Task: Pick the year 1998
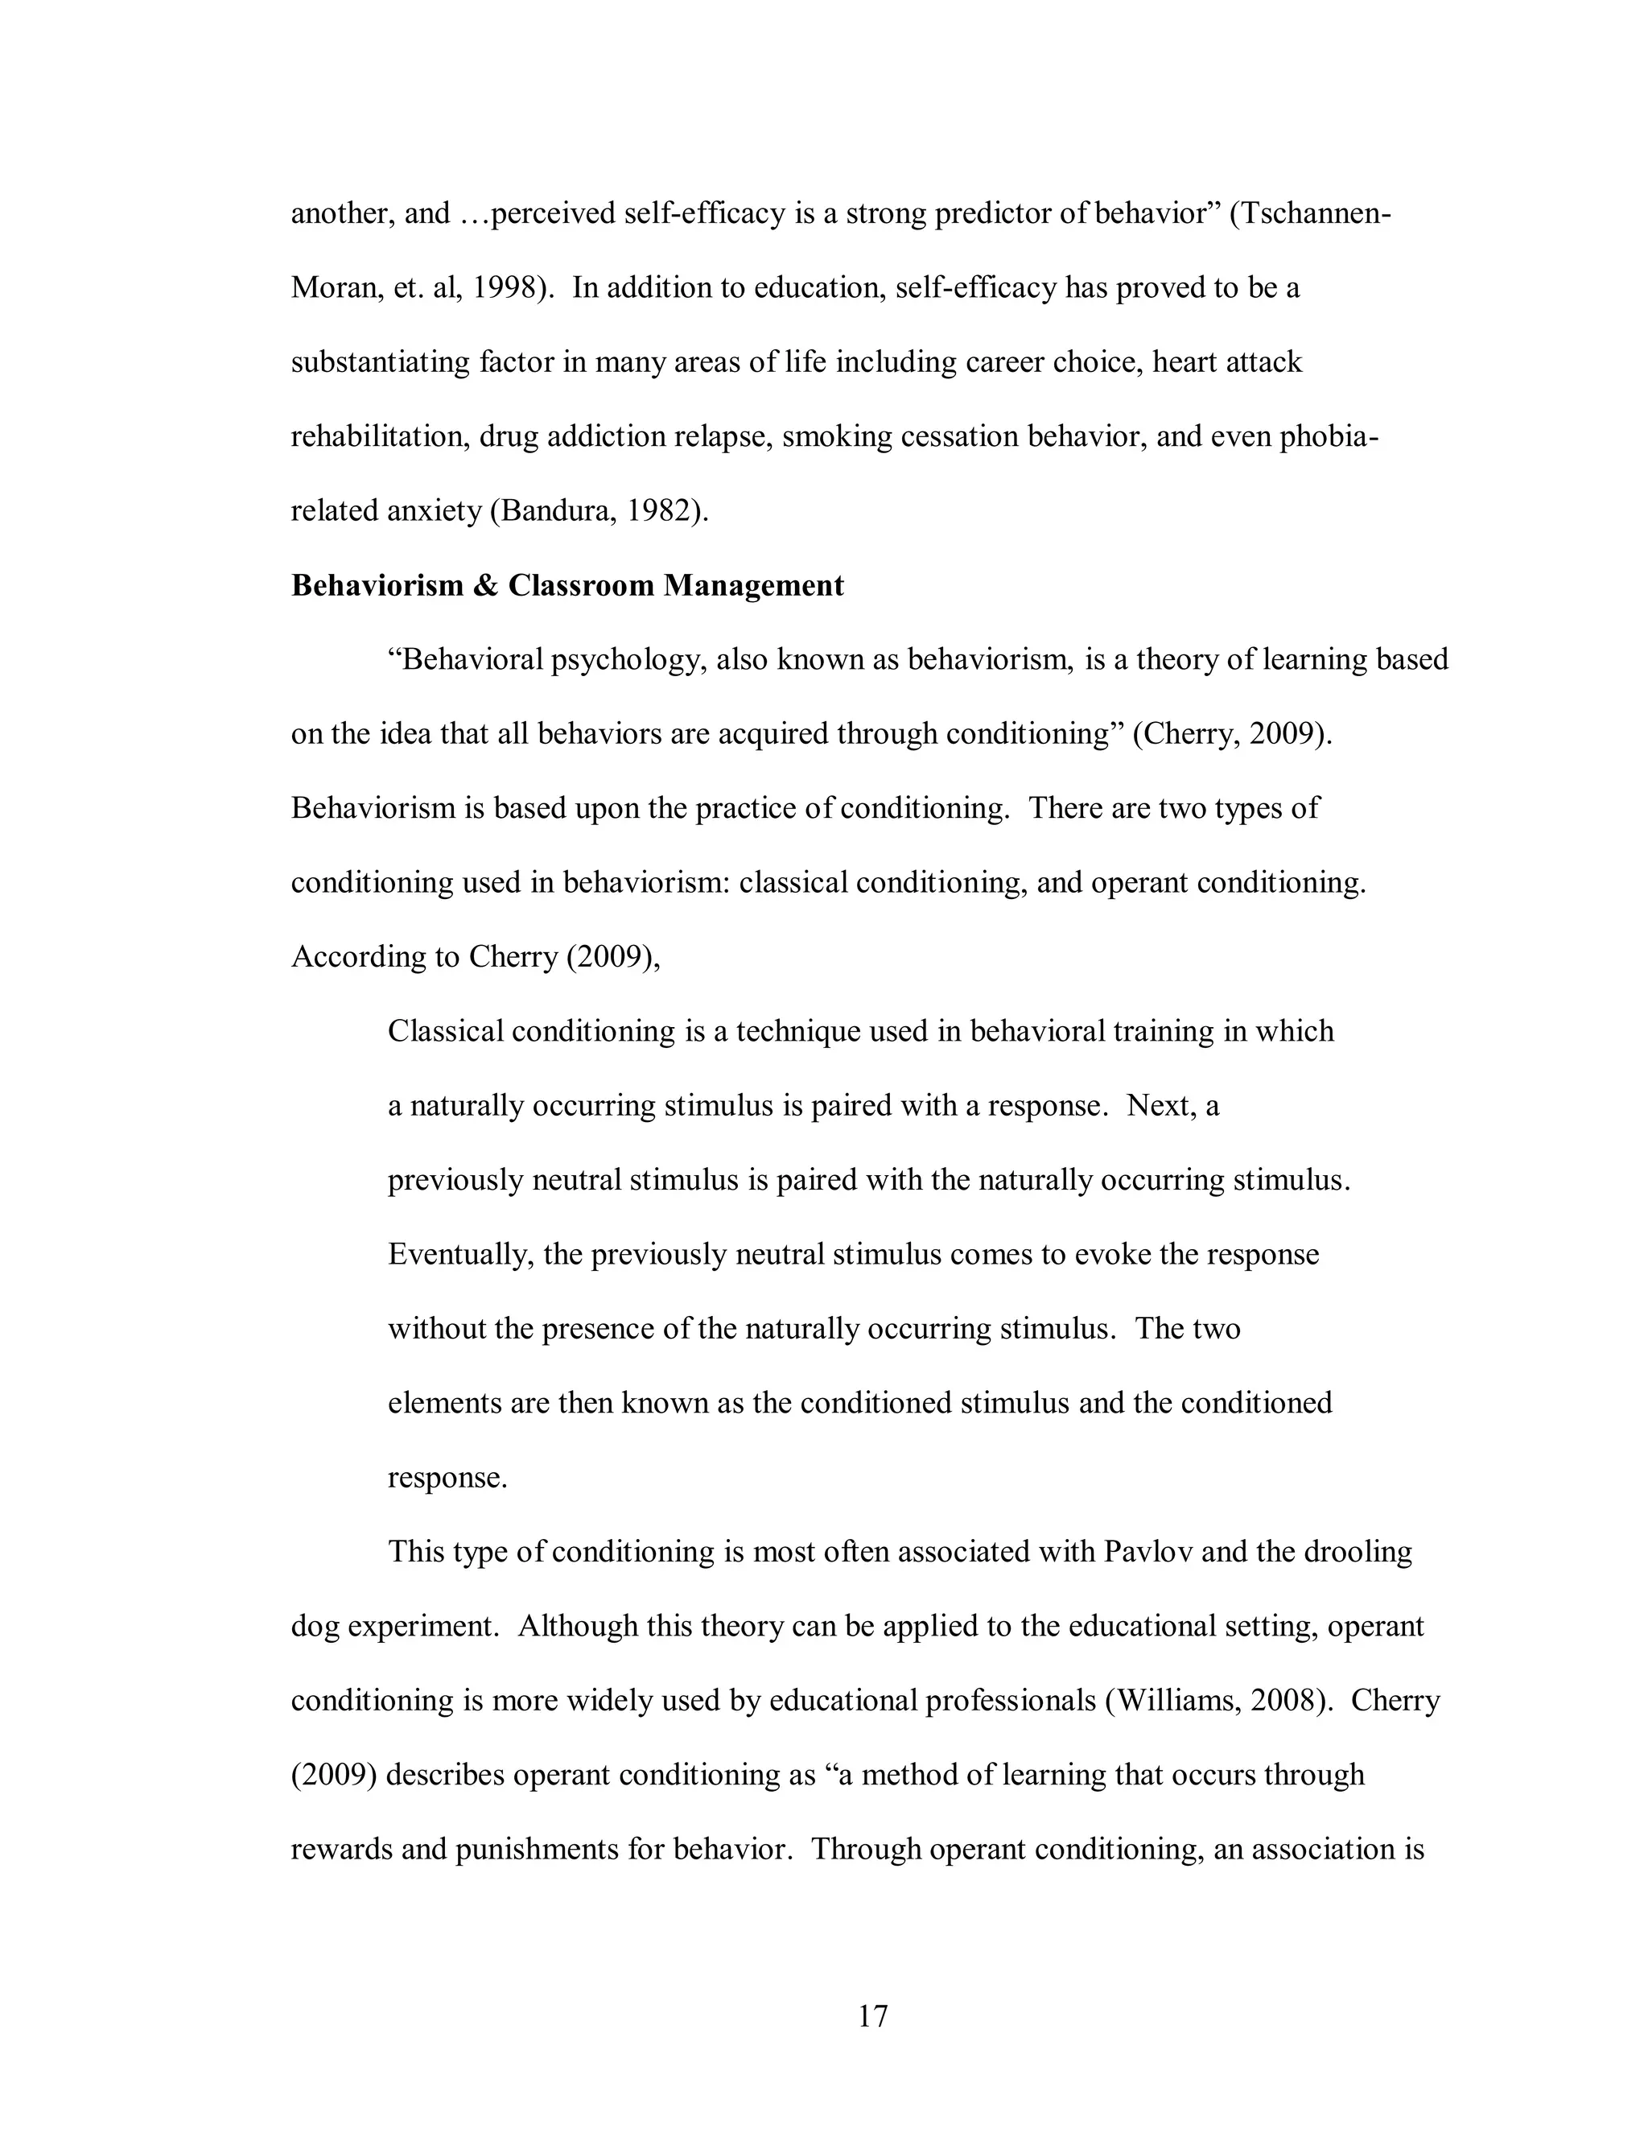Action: point(505,288)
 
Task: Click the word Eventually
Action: point(459,1255)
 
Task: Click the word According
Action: point(356,957)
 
